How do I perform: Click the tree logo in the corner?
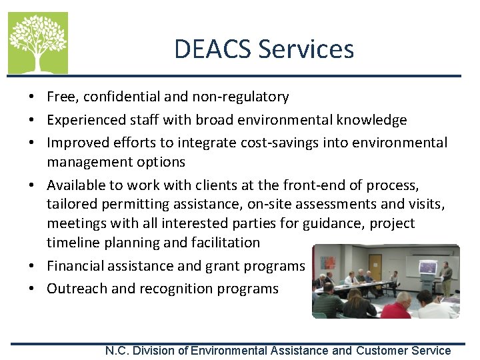pyautogui.click(x=37, y=43)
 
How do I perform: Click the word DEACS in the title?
pyautogui.click(x=213, y=49)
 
